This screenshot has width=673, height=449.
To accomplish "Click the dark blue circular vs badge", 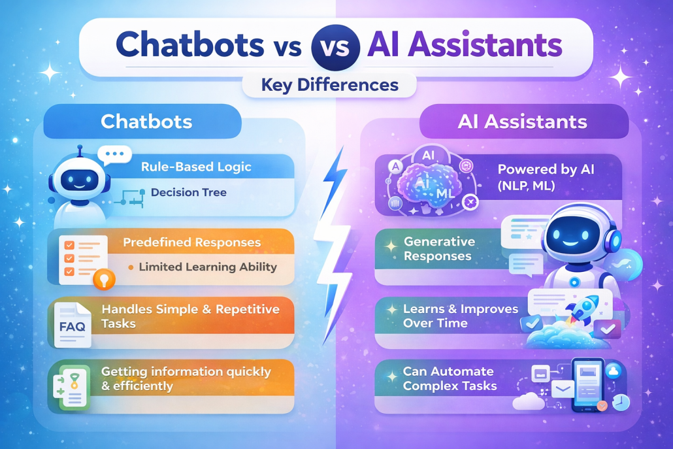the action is point(335,46).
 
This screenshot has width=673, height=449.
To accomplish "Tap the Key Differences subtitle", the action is point(329,84).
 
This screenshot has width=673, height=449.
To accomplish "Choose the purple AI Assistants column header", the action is point(523,122).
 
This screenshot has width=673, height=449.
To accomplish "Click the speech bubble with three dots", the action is point(114,154).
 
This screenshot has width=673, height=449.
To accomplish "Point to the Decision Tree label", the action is point(188,192).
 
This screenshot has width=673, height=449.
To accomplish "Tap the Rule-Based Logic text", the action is point(196,167).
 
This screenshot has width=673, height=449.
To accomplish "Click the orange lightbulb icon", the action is point(104,279).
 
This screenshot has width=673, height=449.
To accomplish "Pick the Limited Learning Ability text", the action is point(208,267).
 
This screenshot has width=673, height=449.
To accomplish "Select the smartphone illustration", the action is point(587,385).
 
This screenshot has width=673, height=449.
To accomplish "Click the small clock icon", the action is point(621,402).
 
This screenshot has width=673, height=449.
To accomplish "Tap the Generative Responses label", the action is point(439,248).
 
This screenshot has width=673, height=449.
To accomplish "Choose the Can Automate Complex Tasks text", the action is point(450,378).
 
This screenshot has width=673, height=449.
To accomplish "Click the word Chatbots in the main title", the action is point(189,44).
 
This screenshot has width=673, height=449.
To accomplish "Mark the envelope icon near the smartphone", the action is point(563,390).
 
